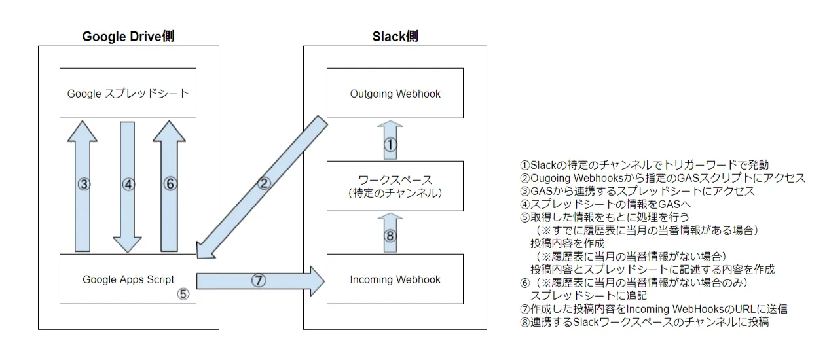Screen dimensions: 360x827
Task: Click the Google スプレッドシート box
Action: click(x=128, y=94)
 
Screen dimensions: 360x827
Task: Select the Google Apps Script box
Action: click(x=128, y=279)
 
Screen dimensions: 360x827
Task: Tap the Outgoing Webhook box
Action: click(x=395, y=94)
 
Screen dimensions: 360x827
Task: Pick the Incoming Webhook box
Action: click(x=395, y=279)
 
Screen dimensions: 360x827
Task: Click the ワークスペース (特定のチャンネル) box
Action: click(x=395, y=186)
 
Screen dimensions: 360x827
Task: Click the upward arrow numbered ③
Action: click(x=83, y=185)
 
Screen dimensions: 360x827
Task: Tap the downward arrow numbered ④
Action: click(x=128, y=185)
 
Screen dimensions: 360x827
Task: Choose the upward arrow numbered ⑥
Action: click(x=170, y=185)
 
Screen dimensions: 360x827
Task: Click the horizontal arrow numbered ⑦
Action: click(x=259, y=280)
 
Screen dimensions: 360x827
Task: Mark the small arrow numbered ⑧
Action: click(x=390, y=234)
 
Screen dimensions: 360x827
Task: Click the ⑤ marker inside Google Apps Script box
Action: click(x=183, y=294)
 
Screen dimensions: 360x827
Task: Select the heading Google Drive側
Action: click(x=128, y=37)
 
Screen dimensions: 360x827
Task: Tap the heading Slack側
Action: click(x=395, y=37)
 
